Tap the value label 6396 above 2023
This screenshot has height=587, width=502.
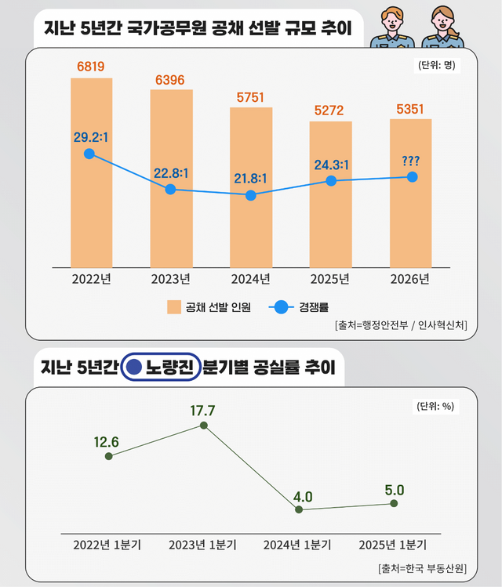(171, 81)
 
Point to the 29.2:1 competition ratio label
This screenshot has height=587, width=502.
(90, 137)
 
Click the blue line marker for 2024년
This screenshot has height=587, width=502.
(251, 195)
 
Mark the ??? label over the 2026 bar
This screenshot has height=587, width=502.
(409, 161)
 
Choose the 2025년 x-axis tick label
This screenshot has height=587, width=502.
(331, 278)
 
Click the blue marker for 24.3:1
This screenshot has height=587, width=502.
(331, 180)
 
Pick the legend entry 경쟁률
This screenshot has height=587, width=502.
(303, 307)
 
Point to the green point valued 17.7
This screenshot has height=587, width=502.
(204, 426)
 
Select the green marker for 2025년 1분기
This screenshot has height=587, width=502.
(394, 504)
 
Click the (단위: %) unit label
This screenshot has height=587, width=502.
(433, 406)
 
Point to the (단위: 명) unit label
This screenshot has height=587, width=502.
(433, 66)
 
